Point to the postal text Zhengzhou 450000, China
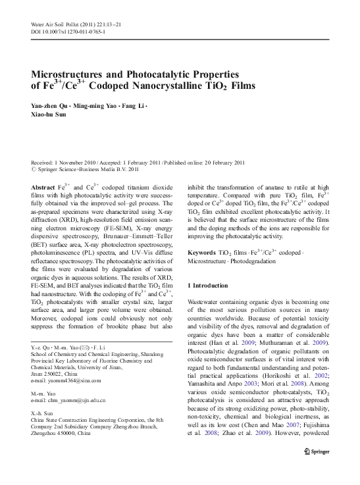point(64,435)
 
